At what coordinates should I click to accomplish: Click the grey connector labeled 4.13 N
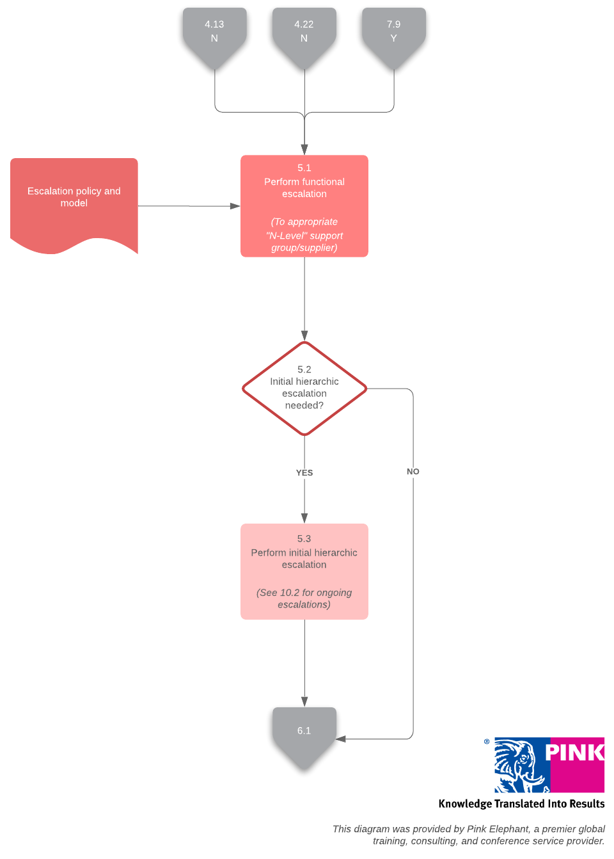[214, 32]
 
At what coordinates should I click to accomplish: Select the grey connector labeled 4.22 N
[304, 32]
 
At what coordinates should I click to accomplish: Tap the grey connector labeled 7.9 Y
[393, 32]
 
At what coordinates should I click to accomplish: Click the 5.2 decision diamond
[304, 388]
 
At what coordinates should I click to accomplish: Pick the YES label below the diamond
[304, 473]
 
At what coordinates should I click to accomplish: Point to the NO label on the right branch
[413, 472]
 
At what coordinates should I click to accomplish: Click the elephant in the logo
[519, 765]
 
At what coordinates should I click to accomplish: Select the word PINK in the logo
[574, 753]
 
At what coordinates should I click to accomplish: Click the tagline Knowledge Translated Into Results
[521, 804]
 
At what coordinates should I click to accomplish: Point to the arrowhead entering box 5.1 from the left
[235, 206]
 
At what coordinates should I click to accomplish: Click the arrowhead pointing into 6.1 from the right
[341, 739]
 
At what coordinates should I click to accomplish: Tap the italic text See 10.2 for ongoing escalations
[304, 598]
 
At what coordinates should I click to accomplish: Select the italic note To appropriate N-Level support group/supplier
[304, 235]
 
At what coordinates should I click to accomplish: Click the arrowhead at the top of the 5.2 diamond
[304, 336]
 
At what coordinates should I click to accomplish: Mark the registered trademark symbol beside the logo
[487, 742]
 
